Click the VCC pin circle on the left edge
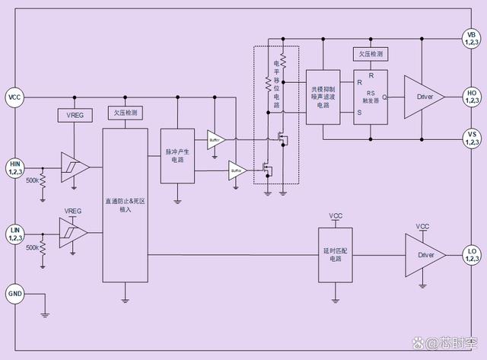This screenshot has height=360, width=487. [15, 97]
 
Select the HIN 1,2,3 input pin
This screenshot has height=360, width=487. [15, 167]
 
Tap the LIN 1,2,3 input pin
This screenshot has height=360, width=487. [15, 233]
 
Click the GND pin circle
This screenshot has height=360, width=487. [15, 293]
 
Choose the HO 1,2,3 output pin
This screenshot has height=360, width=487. [472, 97]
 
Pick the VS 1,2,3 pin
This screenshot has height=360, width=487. [472, 139]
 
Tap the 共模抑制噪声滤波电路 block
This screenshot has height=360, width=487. [323, 97]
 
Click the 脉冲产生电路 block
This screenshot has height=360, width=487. [177, 155]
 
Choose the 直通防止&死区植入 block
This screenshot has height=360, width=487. [125, 205]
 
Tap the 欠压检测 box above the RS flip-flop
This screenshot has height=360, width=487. [371, 54]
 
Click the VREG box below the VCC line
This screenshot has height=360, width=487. [74, 116]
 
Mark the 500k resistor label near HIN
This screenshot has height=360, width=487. [33, 180]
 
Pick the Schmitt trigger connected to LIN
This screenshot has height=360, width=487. [74, 233]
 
